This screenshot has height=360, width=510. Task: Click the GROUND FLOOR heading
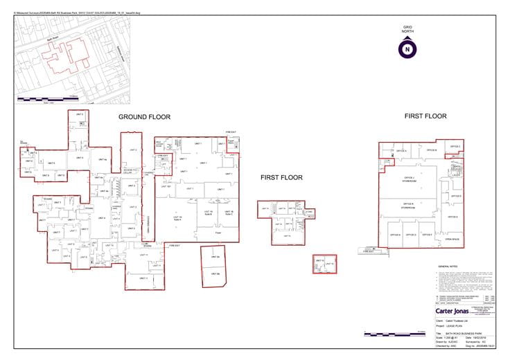pyautogui.click(x=144, y=117)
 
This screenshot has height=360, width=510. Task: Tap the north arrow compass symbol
pyautogui.click(x=407, y=48)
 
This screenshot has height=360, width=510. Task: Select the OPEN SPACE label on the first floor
pyautogui.click(x=452, y=240)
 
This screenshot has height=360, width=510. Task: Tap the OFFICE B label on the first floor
pyautogui.click(x=431, y=150)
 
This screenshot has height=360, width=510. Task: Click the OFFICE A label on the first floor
pyautogui.click(x=401, y=151)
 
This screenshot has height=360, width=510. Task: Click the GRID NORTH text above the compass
pyautogui.click(x=407, y=30)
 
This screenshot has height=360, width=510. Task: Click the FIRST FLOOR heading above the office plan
pyautogui.click(x=425, y=116)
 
